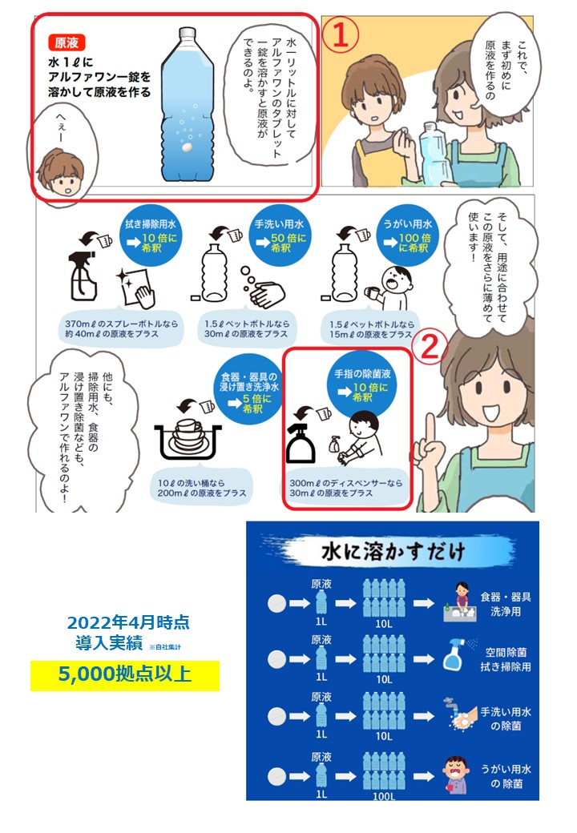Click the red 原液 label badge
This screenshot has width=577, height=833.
click(67, 42)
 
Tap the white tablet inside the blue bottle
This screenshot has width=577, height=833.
click(187, 147)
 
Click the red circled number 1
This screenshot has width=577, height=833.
click(341, 35)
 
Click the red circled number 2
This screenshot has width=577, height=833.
click(430, 347)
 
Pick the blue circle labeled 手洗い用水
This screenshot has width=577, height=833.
click(280, 237)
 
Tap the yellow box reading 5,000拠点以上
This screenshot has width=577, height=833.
click(125, 675)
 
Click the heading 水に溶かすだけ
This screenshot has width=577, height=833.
click(393, 551)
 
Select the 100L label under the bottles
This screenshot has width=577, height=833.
click(384, 795)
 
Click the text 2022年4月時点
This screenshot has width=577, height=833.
click(128, 622)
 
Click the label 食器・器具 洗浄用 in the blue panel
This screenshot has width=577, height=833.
click(505, 604)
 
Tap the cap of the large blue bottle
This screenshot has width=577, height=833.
click(187, 34)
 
